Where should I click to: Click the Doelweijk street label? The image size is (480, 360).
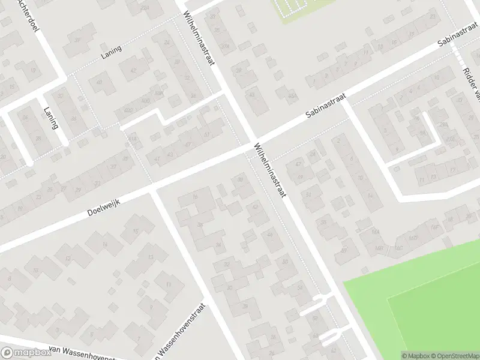(x=104, y=205)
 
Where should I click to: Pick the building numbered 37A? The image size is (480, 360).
(x=224, y=46)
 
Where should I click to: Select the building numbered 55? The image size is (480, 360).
(x=324, y=223)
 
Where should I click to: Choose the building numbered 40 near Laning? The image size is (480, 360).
(x=100, y=83)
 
